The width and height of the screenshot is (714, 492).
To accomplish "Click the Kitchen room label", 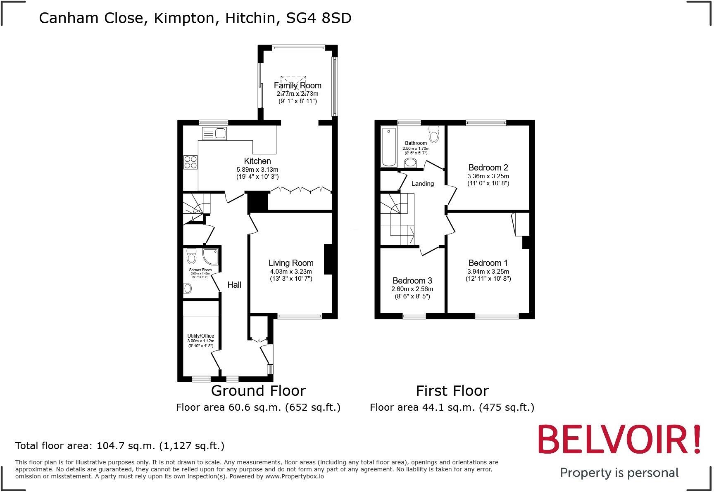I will [x=257, y=161].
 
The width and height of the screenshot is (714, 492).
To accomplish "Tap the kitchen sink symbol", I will [x=214, y=133].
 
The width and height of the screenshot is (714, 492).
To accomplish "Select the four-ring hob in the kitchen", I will [x=190, y=162].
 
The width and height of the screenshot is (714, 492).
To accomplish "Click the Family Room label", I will [x=297, y=85].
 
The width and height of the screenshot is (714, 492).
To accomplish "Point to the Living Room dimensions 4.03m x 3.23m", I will [x=291, y=272].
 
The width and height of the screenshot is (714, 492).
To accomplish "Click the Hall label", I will [x=234, y=285].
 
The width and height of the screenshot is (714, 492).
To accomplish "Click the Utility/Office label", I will [x=201, y=336].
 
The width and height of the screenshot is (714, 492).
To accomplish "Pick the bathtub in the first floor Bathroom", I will [x=388, y=147].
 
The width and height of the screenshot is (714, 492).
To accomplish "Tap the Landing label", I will [x=423, y=184].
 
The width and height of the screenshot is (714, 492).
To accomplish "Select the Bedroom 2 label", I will [x=488, y=168].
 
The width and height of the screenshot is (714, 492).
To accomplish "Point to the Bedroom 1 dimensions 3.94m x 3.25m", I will [x=488, y=272].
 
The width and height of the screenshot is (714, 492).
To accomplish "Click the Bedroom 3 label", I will [x=412, y=281].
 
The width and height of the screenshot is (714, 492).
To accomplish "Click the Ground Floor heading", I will [x=258, y=390].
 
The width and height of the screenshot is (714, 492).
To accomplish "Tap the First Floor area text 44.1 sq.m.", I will [x=452, y=407].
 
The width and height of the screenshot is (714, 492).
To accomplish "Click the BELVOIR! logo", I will [x=619, y=439].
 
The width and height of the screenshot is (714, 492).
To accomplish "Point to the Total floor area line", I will [x=120, y=445].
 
